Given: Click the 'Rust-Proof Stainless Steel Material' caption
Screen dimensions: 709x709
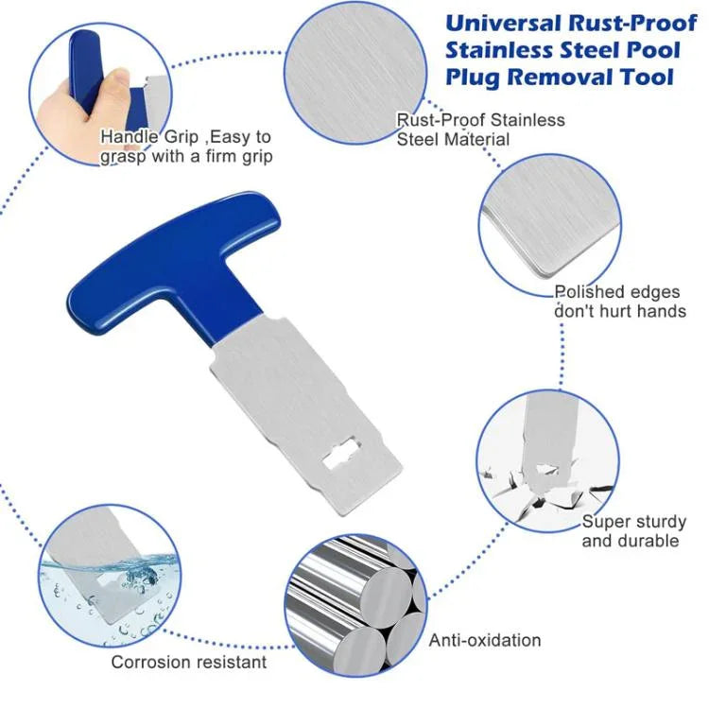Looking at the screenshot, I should pos(480,130).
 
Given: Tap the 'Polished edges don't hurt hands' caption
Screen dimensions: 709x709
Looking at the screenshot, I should pos(619,302).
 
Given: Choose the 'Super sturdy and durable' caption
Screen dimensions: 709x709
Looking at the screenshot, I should pos(633,530).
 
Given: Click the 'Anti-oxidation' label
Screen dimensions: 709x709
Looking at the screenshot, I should pos(485,640).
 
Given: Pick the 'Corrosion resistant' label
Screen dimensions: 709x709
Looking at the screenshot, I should pos(189,662).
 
